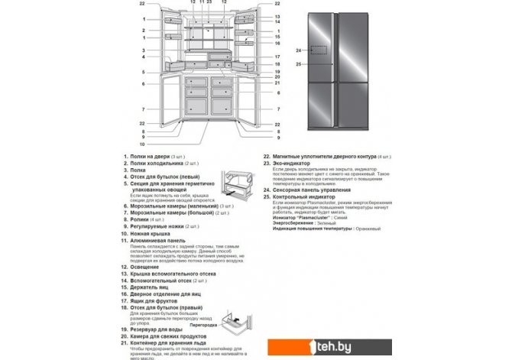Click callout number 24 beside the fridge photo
[x=300, y=51]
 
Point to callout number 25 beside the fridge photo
[x=300, y=64]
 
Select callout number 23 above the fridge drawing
[x=209, y=4]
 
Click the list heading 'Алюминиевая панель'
[x=156, y=240]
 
